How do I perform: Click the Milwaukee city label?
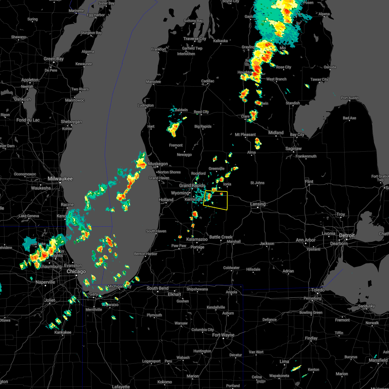(x=60, y=179)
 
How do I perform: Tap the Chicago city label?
(x=76, y=271)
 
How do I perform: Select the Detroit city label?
(x=347, y=235)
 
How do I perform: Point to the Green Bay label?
(x=53, y=59)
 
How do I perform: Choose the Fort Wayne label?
(x=223, y=335)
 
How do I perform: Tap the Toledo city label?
(x=318, y=290)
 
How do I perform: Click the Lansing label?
(x=258, y=204)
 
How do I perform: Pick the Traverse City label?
(x=194, y=39)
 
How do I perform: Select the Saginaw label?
(x=294, y=148)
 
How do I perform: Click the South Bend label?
(x=158, y=288)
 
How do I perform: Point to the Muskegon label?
(x=158, y=164)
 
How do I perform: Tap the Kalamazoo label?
(x=197, y=239)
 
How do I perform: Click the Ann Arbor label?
(x=305, y=240)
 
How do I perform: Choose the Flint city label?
(x=309, y=182)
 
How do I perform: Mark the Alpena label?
(x=324, y=14)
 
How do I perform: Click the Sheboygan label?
(x=71, y=122)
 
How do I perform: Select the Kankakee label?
(x=63, y=332)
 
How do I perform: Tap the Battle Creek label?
(x=221, y=237)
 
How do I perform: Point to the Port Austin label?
(x=350, y=98)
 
